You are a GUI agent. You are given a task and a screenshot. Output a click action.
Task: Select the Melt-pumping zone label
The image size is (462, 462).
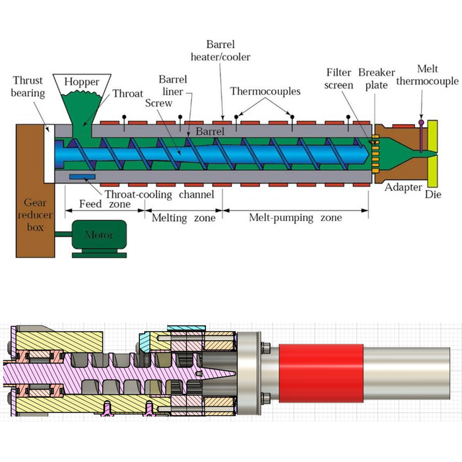click(x=295, y=217)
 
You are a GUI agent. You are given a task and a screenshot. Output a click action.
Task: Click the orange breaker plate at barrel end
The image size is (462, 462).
click(x=374, y=152)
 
